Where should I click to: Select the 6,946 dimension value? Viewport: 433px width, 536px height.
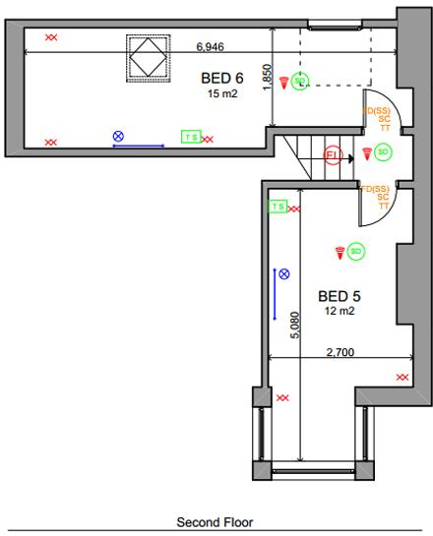pos(211,46)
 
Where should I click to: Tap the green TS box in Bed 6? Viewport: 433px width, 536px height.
pos(190,138)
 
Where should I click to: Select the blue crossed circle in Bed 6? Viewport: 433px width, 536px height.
pos(118,136)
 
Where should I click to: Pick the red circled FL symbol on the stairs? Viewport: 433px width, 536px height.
pos(333,156)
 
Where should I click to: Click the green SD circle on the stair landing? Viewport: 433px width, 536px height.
pos(382,152)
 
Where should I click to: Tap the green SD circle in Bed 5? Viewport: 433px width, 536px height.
pos(356,252)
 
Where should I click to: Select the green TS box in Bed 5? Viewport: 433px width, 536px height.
pos(278,207)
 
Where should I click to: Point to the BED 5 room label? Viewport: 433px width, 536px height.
pos(338,295)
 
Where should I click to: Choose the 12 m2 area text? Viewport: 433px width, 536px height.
pos(339,311)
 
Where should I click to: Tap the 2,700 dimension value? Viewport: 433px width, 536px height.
pos(338,351)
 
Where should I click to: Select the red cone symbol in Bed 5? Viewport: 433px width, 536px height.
pos(340,252)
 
